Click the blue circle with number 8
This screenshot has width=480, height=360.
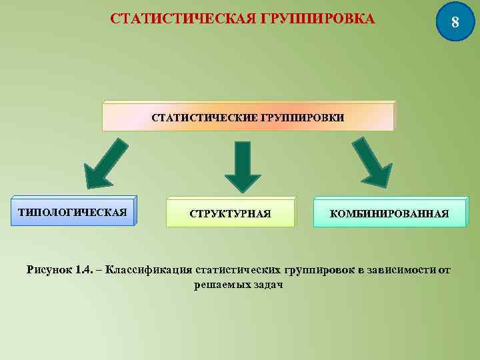coord(455,21)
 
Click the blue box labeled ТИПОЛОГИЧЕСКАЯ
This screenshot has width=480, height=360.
coord(73,213)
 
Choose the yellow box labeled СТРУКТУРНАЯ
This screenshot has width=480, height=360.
coord(230,214)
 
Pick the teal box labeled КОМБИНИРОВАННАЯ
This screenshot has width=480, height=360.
coord(389,214)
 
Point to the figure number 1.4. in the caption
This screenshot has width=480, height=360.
coord(85,270)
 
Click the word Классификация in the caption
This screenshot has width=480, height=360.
coord(149,270)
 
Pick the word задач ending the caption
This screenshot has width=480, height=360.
coord(267,285)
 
